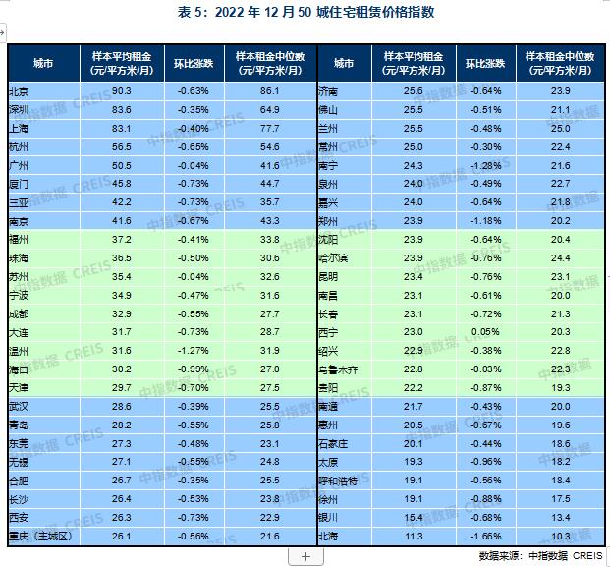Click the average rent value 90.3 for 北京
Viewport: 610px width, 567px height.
click(122, 90)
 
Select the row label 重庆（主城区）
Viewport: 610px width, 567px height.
click(43, 537)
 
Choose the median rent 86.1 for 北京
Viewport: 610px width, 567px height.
click(271, 90)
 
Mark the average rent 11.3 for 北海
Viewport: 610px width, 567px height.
click(413, 537)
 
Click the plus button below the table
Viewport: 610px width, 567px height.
click(305, 556)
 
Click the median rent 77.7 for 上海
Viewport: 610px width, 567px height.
click(271, 128)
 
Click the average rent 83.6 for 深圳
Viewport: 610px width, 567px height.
click(122, 109)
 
